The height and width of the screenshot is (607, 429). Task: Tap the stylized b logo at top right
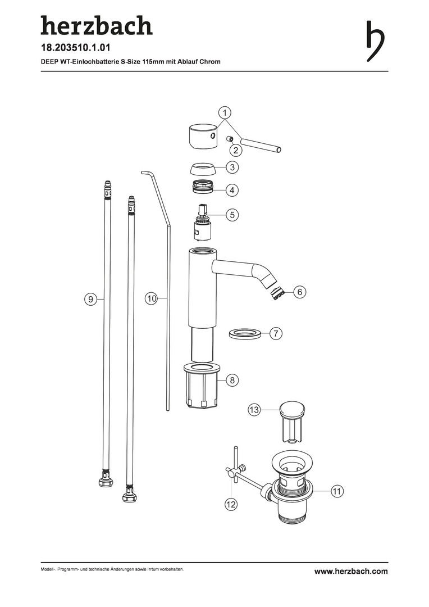tap(375, 40)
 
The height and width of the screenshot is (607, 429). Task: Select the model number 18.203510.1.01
tap(76, 48)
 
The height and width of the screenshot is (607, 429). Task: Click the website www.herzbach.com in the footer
tap(351, 571)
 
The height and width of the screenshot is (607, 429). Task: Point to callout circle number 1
tap(225, 112)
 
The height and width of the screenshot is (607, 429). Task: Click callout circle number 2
tap(236, 150)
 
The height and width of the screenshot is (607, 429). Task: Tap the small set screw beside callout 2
tap(229, 139)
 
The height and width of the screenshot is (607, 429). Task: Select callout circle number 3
tap(232, 167)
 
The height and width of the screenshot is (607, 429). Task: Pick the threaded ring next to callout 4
tap(204, 187)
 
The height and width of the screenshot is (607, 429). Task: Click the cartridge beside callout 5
tap(202, 223)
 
